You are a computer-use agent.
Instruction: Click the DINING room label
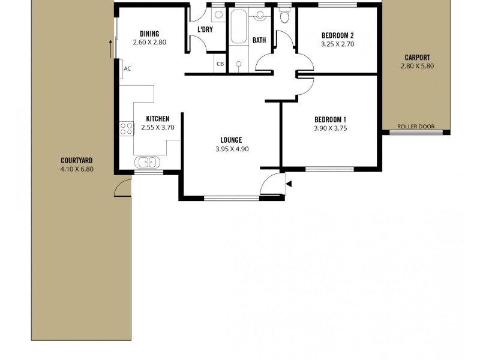[149, 34]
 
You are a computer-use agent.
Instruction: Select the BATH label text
[259, 41]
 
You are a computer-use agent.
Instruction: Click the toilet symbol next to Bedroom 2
[284, 17]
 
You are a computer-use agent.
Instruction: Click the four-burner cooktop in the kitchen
[126, 128]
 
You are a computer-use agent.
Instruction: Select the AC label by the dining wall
[127, 68]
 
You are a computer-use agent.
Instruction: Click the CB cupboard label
[220, 64]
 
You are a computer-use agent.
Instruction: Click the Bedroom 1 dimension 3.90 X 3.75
[331, 128]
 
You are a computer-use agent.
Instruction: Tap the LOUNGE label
[231, 140]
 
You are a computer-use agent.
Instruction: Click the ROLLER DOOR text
[416, 127]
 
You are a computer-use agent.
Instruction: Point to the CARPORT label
[416, 58]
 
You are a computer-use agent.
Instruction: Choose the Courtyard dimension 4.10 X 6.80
[77, 169]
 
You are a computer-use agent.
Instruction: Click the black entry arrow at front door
[289, 184]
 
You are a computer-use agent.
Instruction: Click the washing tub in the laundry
[215, 16]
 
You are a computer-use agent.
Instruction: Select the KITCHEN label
[157, 119]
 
